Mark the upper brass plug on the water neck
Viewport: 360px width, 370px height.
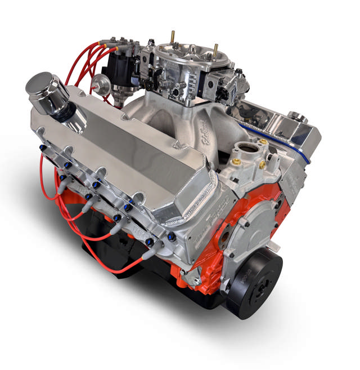tap(263, 142)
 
